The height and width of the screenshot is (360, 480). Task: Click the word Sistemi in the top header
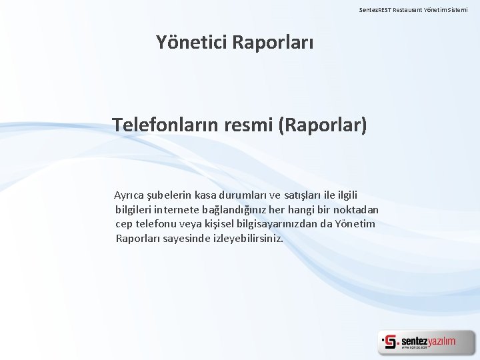(x=463, y=10)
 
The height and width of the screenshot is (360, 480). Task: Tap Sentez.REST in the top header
(x=375, y=10)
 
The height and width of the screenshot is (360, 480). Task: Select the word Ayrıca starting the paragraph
(x=131, y=195)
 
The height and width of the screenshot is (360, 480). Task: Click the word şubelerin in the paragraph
(x=172, y=195)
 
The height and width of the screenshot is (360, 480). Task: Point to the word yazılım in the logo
(x=441, y=341)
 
